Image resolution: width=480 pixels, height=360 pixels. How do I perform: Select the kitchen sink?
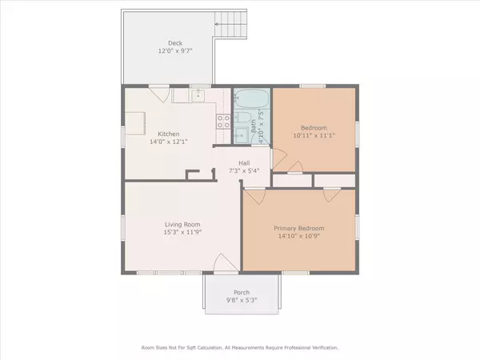click(200, 97)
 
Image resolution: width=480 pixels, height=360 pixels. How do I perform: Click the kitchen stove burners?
click(222, 122)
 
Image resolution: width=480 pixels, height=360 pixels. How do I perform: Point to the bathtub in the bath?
click(253, 102)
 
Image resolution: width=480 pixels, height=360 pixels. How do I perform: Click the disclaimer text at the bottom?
click(240, 348)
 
